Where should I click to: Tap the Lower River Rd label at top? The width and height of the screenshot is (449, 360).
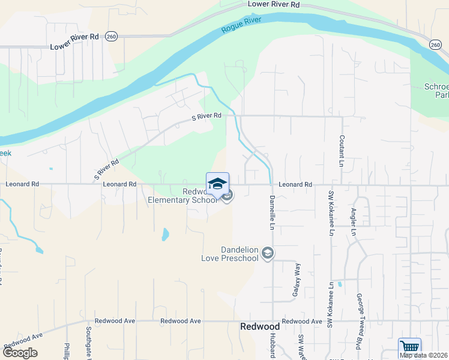click(x=273, y=4)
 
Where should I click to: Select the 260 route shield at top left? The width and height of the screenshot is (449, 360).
click(x=111, y=37)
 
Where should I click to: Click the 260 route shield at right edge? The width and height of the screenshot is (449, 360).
click(x=435, y=44)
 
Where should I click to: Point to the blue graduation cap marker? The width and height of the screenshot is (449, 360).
click(x=217, y=184)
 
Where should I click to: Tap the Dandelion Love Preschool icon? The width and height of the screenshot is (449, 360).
click(x=268, y=254)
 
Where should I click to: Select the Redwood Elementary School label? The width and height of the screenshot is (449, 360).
click(x=183, y=196)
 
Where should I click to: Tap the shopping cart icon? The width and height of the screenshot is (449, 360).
click(x=409, y=347)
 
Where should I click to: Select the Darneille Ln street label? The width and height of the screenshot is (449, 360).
click(x=271, y=212)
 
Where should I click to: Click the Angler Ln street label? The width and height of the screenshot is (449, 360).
click(x=354, y=222)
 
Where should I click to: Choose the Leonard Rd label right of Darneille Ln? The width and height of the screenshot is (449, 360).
click(x=295, y=185)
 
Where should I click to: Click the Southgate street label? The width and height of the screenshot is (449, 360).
click(x=88, y=343)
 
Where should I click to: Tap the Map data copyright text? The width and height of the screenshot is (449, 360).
click(x=423, y=355)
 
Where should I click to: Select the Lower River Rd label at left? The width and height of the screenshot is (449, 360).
click(x=74, y=46)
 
